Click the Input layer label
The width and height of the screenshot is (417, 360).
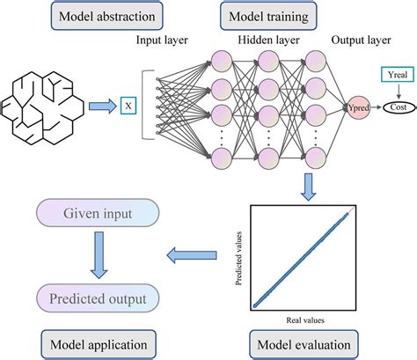coord(164,40)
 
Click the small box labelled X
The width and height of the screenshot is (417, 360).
coord(129,107)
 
